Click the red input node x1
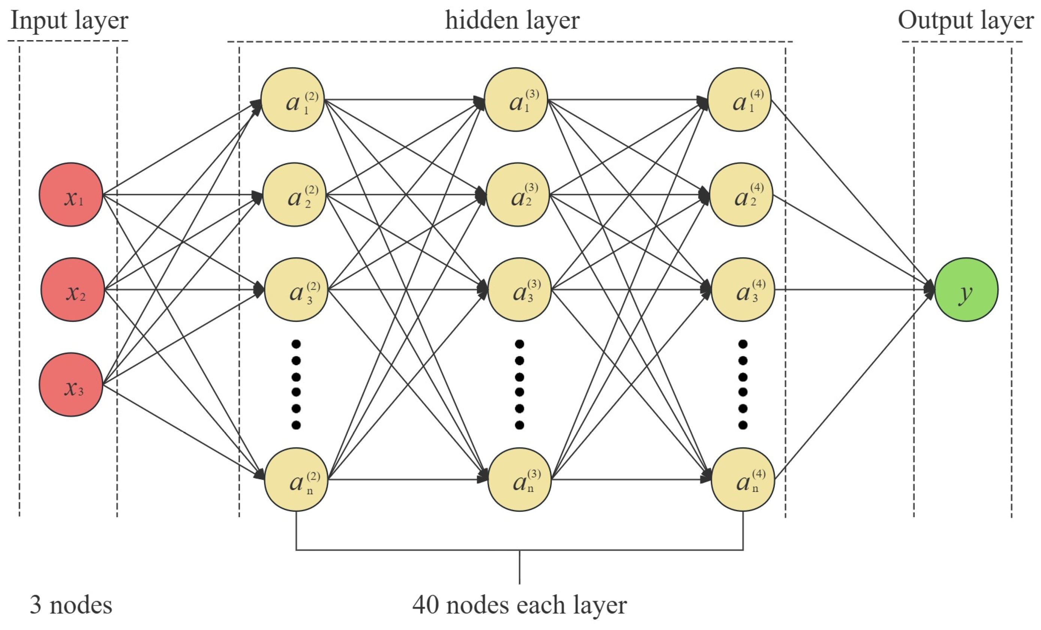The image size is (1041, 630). point(71,195)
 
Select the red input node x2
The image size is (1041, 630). point(73,290)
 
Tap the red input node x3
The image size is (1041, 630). point(71,385)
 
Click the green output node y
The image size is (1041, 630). point(967,290)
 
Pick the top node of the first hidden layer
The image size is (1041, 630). point(293,100)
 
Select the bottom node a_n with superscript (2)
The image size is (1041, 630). point(296,480)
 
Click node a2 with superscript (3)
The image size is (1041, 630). point(518,195)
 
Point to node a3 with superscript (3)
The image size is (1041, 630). point(520,290)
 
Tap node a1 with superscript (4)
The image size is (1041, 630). point(740,100)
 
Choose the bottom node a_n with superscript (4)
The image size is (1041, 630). point(743,480)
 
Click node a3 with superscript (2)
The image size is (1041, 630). point(296,290)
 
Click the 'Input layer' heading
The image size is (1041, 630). point(69,20)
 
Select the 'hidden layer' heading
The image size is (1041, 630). point(512,20)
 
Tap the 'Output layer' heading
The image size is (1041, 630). point(965,20)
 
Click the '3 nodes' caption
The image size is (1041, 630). point(71,605)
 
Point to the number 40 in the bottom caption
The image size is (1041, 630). point(425,605)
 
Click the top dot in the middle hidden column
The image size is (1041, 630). point(520,344)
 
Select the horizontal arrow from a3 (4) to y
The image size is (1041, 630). point(854,290)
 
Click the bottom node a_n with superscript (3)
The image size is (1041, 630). point(520,480)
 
